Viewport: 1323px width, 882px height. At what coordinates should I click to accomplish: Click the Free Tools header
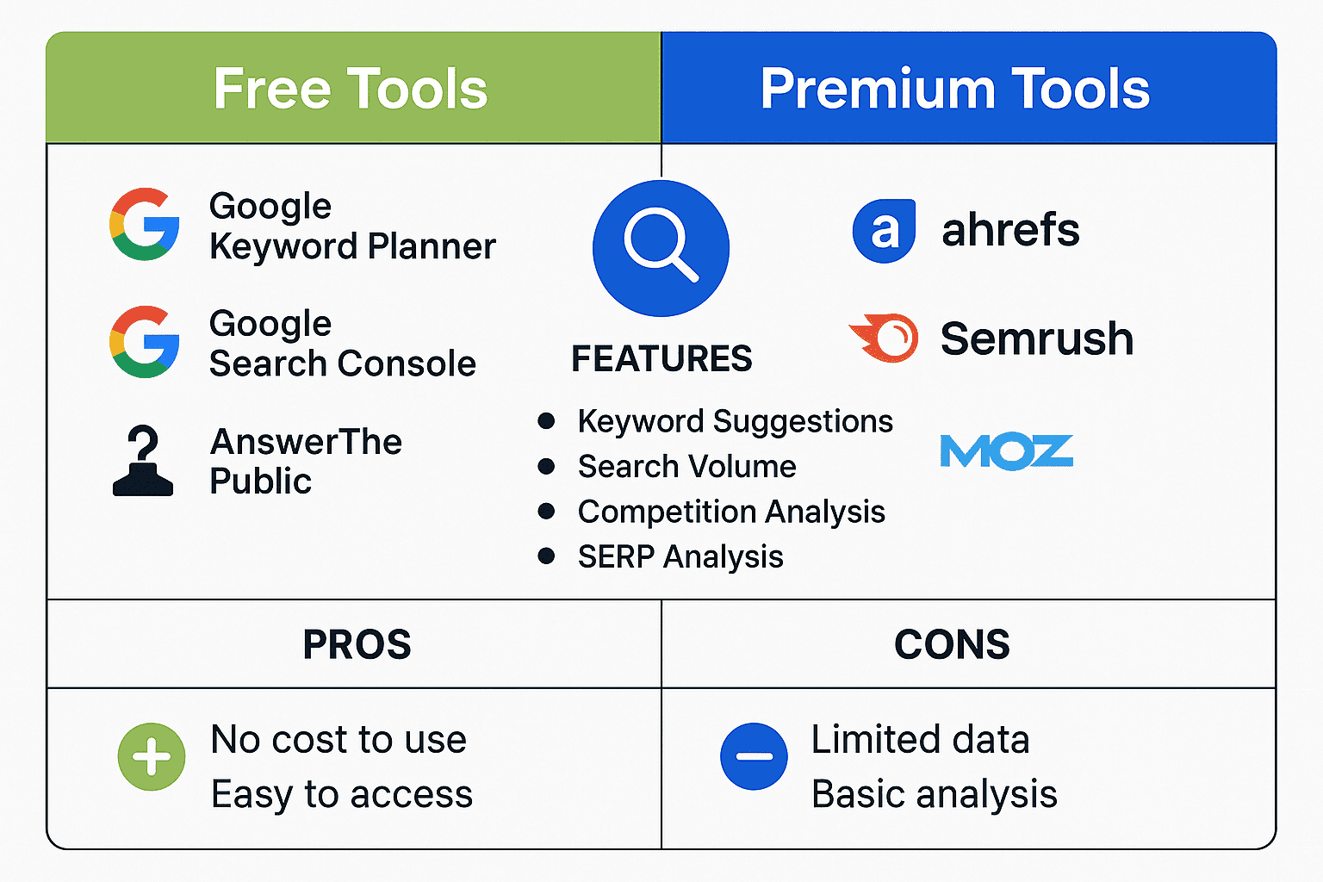tap(351, 89)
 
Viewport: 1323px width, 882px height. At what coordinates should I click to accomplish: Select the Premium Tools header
tap(954, 89)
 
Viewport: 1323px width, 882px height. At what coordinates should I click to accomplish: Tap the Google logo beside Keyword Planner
tap(145, 225)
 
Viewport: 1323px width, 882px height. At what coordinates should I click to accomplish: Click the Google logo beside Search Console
tap(145, 342)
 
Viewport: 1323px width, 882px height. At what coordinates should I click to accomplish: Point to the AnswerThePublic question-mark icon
tap(143, 461)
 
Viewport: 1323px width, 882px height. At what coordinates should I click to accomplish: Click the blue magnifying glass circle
tap(661, 248)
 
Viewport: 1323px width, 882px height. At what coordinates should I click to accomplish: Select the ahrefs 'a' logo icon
tap(884, 231)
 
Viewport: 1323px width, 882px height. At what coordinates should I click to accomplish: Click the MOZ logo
tap(1006, 452)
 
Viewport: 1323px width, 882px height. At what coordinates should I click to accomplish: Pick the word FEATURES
tap(661, 358)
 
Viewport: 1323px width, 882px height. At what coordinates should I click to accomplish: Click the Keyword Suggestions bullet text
tap(735, 421)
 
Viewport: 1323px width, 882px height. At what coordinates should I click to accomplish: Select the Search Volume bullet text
tap(686, 467)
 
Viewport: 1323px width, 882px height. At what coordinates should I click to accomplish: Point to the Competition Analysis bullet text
tap(731, 512)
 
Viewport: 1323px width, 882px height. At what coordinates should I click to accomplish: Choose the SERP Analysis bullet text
tap(680, 556)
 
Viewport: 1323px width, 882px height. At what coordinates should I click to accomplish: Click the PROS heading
tap(357, 644)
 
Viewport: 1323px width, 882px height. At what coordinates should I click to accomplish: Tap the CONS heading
tap(952, 644)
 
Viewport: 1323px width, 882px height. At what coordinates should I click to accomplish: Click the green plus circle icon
tap(152, 756)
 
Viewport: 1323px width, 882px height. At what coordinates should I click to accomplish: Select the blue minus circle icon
tap(754, 756)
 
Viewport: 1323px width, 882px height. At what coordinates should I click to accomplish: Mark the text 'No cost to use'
tap(339, 740)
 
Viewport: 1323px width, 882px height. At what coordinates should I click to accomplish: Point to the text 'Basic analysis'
tap(934, 794)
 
